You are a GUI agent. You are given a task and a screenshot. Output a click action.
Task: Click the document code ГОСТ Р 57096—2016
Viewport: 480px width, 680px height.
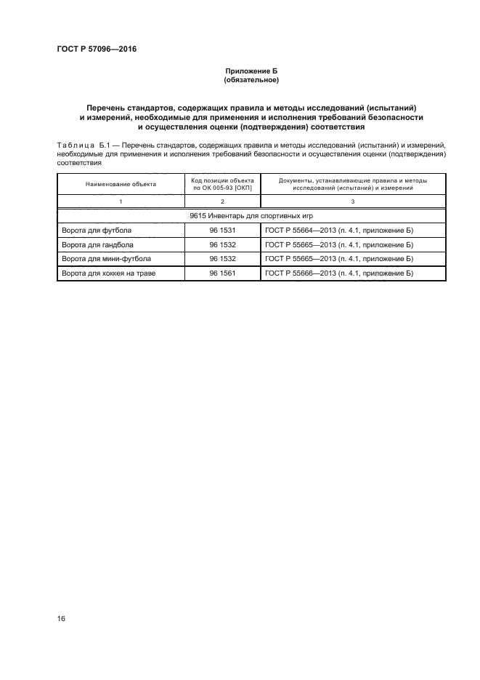pyautogui.click(x=97, y=49)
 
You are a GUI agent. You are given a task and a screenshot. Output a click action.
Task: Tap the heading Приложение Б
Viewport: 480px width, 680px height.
pyautogui.click(x=251, y=70)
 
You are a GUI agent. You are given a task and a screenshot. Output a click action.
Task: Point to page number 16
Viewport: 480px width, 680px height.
pyautogui.click(x=61, y=618)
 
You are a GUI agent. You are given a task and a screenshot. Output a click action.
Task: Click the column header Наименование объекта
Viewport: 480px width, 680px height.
pyautogui.click(x=121, y=184)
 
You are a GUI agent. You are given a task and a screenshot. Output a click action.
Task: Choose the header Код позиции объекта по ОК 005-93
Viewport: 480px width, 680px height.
pyautogui.click(x=222, y=183)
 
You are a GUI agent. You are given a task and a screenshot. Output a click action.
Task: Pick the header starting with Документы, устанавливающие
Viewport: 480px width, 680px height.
pyautogui.click(x=353, y=183)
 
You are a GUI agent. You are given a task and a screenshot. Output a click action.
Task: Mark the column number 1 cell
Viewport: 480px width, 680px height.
pyautogui.click(x=121, y=200)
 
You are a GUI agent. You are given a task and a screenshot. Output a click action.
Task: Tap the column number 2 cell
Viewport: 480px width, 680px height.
pyautogui.click(x=222, y=200)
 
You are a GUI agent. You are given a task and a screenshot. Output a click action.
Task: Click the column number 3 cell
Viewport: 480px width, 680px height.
pyautogui.click(x=353, y=200)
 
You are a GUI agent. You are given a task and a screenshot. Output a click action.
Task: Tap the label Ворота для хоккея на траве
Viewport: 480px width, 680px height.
pyautogui.click(x=109, y=273)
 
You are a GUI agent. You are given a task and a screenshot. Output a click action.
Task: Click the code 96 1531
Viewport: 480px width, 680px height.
pyautogui.click(x=222, y=231)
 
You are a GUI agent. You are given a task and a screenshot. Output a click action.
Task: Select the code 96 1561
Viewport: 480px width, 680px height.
pyautogui.click(x=222, y=273)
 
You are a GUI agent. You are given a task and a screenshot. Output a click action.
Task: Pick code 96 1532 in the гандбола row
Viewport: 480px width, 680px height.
pyautogui.click(x=222, y=244)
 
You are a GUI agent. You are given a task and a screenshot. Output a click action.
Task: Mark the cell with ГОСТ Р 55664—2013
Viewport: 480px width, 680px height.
pyautogui.click(x=339, y=231)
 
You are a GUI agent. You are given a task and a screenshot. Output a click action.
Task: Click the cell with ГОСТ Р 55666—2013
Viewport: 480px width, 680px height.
pyautogui.click(x=339, y=273)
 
